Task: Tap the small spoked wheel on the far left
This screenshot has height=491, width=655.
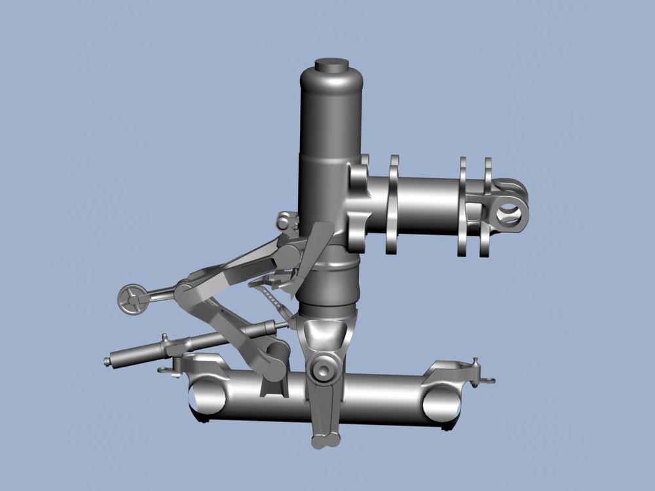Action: tap(132, 300)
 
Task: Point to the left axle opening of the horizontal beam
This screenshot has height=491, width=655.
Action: tap(207, 397)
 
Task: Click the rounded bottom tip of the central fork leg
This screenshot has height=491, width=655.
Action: tap(326, 441)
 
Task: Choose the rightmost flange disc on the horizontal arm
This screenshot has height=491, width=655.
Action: tap(487, 206)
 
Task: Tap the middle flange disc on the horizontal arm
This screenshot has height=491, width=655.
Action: tap(462, 206)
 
